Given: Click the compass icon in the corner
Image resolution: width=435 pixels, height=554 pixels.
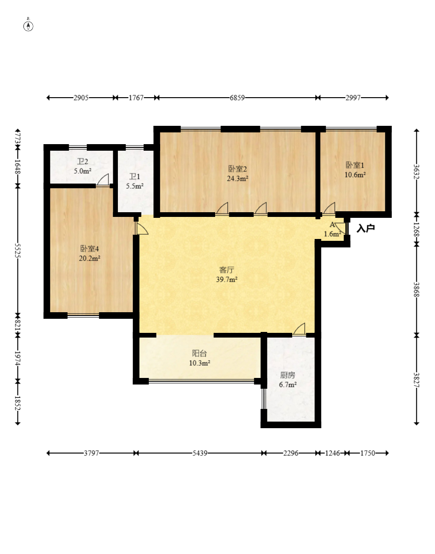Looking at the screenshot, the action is click(28, 26).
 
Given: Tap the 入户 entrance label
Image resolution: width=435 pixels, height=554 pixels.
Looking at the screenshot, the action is click(365, 228).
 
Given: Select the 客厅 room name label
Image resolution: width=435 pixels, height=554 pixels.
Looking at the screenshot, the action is click(226, 270).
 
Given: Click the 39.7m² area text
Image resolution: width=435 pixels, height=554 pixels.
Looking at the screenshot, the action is click(227, 279).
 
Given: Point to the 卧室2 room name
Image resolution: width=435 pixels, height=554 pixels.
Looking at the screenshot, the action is click(237, 169).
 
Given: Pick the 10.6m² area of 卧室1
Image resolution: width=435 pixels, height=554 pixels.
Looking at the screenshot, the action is click(355, 175).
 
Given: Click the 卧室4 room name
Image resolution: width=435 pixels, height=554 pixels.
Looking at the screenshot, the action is click(89, 249).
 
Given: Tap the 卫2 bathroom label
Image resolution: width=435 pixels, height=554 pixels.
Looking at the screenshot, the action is click(82, 162).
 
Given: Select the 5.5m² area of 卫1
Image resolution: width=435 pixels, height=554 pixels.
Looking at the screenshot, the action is click(135, 186).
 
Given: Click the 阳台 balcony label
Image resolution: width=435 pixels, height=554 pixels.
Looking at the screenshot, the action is click(200, 354).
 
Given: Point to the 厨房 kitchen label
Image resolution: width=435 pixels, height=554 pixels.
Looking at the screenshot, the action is click(287, 375).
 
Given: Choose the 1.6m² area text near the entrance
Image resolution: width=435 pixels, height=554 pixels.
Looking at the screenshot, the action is click(333, 233).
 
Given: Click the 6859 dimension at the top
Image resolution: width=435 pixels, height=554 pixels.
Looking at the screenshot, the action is click(237, 98).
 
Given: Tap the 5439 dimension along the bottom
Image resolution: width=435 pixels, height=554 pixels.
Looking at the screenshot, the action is click(200, 453).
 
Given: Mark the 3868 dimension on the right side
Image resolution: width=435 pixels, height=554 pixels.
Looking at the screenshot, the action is click(417, 289).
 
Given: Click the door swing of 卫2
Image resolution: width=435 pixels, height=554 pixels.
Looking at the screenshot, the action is click(103, 180).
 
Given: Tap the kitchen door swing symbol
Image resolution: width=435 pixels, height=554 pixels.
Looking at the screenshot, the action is click(299, 329).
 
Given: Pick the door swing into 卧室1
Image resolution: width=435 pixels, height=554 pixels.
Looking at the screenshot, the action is click(329, 208).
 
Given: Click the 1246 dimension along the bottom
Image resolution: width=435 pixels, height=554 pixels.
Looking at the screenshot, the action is click(332, 453).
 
